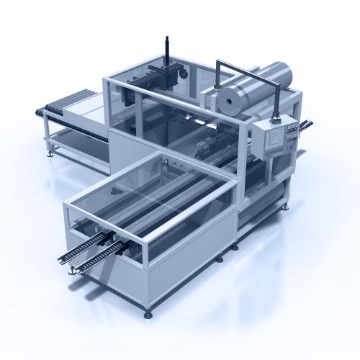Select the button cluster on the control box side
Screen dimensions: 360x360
click(291, 132)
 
